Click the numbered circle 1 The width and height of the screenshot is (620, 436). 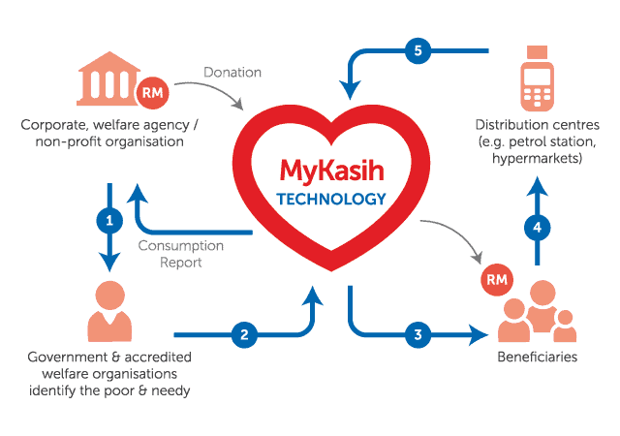[x=110, y=220]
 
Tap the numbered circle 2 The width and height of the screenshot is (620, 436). [x=244, y=335]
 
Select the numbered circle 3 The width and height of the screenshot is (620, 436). [x=418, y=335]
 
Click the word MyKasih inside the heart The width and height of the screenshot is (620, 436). [x=331, y=171]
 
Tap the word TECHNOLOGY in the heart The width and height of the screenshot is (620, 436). [x=331, y=200]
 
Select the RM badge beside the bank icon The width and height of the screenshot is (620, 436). [x=153, y=93]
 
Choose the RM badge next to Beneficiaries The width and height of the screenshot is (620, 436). [x=496, y=281]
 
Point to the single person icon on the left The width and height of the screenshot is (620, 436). [x=109, y=310]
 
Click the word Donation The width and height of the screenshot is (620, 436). [x=232, y=72]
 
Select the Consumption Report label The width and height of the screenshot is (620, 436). [x=180, y=253]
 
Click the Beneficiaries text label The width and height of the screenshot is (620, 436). [x=537, y=358]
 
